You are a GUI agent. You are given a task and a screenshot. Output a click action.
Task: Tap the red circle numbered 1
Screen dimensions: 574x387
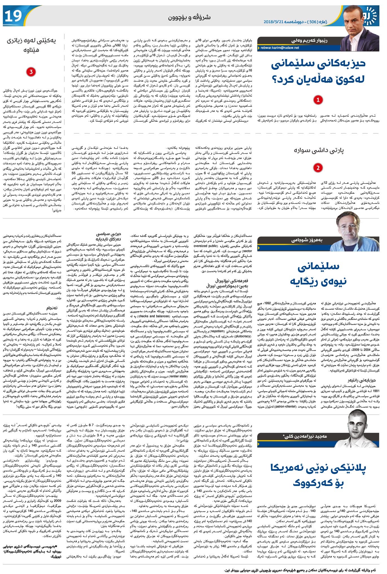318,100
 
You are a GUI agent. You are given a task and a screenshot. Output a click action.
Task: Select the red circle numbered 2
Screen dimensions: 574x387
318,168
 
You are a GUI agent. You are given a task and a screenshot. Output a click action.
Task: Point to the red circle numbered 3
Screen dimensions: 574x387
31,72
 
